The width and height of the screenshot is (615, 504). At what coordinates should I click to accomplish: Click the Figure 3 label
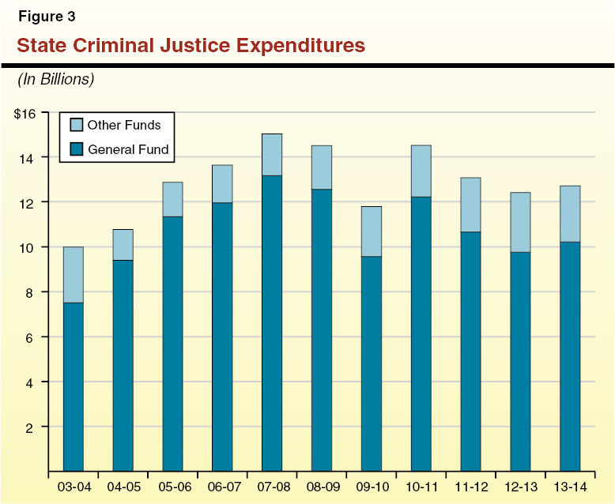point(47,16)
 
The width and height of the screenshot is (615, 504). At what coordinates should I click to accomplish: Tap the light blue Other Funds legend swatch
point(77,125)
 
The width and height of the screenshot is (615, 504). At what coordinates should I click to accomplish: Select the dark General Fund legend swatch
point(77,149)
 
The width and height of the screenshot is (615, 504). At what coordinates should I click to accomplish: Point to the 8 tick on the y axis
point(32,292)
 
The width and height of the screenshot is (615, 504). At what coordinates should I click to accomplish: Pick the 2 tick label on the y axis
point(32,427)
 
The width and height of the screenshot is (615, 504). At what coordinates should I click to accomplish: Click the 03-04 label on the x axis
point(74,486)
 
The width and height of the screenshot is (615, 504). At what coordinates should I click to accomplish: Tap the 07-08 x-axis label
point(272,486)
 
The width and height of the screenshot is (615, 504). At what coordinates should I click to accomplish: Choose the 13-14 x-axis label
point(570,486)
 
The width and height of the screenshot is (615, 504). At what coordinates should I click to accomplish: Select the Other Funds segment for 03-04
point(74,275)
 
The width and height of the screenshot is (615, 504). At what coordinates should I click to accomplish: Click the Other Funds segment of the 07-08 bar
point(272,155)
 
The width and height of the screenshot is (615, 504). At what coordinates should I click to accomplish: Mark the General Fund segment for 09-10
point(372,363)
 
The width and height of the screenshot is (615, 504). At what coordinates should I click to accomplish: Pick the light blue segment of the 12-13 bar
point(520,222)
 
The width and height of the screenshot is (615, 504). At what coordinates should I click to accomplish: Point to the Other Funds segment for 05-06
point(172,199)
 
